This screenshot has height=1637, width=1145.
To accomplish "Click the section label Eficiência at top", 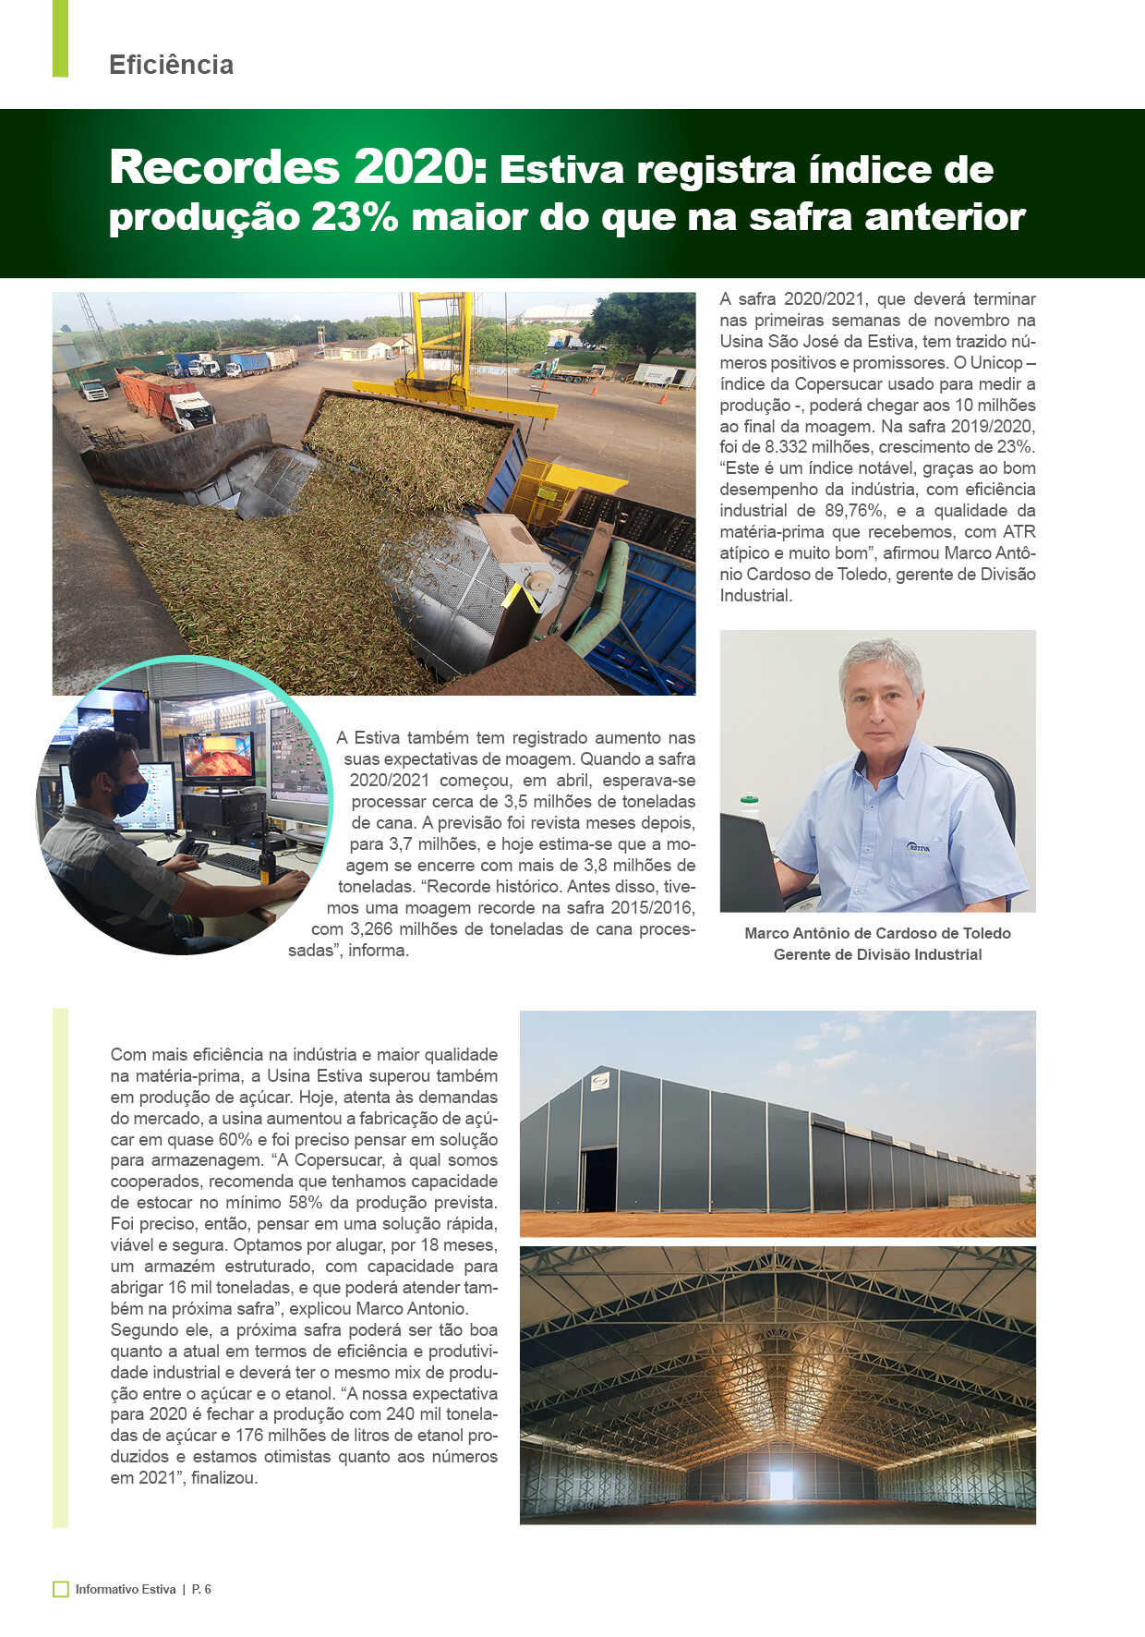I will [171, 65].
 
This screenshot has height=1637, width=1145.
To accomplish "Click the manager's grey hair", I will [881, 660].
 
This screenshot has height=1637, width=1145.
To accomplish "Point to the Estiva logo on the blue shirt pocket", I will [918, 847].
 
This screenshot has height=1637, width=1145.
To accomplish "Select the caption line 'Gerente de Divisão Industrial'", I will [877, 954].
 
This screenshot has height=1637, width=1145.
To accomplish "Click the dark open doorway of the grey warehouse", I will [599, 1179].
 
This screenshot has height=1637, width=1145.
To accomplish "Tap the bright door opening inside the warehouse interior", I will [781, 1485].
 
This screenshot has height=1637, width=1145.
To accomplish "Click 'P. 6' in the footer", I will [201, 1589].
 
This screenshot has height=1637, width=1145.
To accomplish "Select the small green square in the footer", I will [61, 1589].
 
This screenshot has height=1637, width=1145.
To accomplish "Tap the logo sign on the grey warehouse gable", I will [600, 1082].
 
